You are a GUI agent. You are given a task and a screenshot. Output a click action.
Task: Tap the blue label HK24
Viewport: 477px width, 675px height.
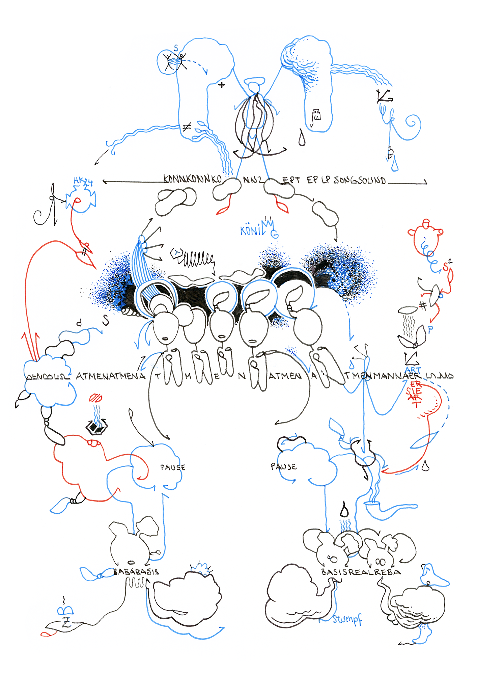83,182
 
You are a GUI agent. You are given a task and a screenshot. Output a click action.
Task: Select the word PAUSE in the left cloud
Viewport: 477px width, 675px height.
173,467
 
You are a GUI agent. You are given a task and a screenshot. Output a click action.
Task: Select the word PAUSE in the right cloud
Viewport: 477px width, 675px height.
283,467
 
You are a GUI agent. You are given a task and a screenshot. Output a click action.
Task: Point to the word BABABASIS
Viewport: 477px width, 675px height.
136,572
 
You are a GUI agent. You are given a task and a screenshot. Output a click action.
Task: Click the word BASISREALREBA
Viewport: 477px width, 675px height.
361,572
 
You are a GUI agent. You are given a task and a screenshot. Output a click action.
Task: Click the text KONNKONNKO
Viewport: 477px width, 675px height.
192,179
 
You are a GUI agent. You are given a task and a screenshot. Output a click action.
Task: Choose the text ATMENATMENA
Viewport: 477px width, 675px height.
110,376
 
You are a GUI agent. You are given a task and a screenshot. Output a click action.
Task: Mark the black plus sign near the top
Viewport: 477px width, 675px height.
222,85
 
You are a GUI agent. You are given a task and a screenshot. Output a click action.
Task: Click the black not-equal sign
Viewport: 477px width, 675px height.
187,127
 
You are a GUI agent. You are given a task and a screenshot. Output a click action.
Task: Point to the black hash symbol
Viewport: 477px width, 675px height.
423,305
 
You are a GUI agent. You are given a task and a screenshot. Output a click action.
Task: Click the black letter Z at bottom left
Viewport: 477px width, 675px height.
66,623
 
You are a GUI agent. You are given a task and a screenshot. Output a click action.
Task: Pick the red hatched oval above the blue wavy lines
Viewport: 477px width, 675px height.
96,398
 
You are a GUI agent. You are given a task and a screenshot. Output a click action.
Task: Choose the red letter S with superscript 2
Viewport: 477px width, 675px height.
447,266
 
